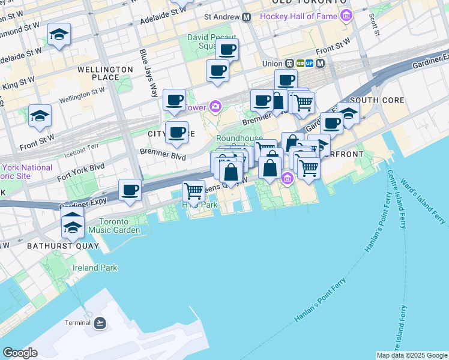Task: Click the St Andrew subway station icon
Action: (x=246, y=18)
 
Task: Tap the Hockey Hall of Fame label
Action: (x=299, y=16)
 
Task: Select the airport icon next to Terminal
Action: (x=100, y=323)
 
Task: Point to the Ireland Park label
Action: (x=95, y=268)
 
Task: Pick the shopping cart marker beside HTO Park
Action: (x=193, y=191)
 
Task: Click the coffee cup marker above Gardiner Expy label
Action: (x=130, y=190)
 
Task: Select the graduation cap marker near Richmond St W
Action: (x=59, y=35)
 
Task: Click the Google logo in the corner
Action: (x=20, y=353)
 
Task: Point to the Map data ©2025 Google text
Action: (x=412, y=355)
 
